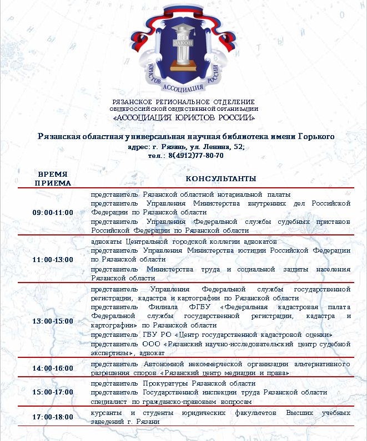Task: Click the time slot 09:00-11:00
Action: coord(53,213)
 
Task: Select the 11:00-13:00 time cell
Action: coord(53,259)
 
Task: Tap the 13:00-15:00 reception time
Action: coord(53,321)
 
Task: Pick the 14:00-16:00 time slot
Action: coord(53,368)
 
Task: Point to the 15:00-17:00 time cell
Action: coord(53,392)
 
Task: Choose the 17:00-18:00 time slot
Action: coord(53,417)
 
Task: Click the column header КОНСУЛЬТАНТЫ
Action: coord(220,179)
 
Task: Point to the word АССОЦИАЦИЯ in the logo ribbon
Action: coord(183,88)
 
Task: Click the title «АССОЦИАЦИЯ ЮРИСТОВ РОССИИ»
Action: coord(184,117)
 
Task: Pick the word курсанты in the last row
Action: coord(108,413)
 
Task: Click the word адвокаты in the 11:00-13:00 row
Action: coord(107,242)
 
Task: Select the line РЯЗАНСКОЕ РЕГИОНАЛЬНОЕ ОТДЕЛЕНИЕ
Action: coord(183,102)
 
